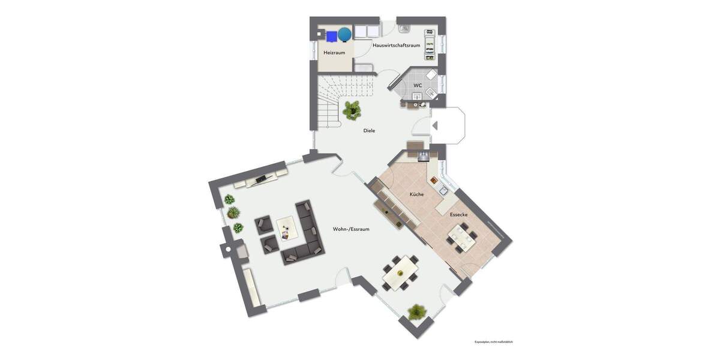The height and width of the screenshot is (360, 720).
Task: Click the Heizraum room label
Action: pos(334,52)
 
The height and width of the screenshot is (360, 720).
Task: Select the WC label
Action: pos(418,85)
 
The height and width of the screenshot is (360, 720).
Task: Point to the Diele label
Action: pos(369,130)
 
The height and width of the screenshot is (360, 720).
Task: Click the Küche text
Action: pos(416,194)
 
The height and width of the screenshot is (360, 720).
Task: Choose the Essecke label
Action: pos(458,214)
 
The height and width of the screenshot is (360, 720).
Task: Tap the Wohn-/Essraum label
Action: pos(351,229)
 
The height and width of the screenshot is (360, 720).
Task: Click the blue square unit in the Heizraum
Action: pos(331,35)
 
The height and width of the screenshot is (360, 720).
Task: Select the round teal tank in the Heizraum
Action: pos(344,35)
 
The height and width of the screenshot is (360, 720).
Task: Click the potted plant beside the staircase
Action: pos(352,110)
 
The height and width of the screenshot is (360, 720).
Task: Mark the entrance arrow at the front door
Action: pos(435,125)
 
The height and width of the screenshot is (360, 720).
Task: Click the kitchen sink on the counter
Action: pos(442,191)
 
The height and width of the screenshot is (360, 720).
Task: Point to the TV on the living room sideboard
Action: pos(262,178)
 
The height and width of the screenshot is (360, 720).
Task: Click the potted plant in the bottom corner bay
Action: pos(417,312)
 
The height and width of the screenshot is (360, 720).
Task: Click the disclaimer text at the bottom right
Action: pos(493,342)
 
